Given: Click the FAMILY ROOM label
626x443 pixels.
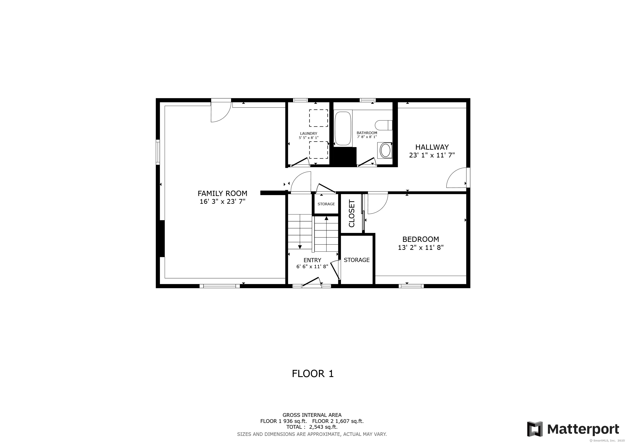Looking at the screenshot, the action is point(222,193).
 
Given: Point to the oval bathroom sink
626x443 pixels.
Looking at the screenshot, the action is point(385,150).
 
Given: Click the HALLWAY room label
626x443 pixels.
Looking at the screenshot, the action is point(432,147).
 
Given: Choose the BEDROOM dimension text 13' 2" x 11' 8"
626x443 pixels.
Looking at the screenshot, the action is point(421,248).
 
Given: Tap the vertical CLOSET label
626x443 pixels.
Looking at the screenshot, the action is point(352,213).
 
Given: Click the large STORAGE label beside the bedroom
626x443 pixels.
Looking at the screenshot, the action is point(357,260).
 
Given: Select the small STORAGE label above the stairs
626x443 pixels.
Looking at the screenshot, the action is point(326,204).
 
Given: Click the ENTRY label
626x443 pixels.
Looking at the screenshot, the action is point(312,260).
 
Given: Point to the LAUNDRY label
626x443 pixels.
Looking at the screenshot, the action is point(309,133).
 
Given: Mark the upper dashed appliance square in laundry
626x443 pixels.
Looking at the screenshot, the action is point(318,118).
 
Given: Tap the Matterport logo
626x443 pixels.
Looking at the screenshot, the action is point(573,429).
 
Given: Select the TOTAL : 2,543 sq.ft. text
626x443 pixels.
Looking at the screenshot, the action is point(312,427).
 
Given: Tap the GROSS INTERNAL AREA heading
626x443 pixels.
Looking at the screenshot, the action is point(312,415).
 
